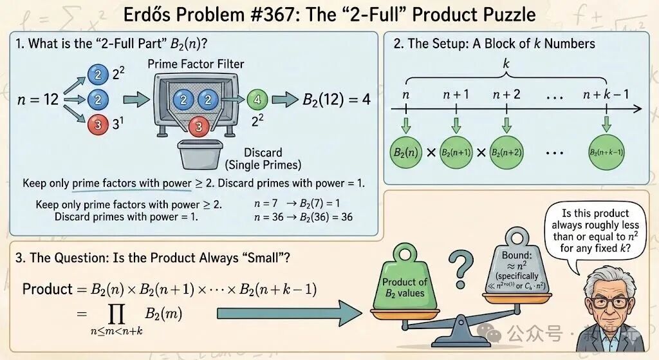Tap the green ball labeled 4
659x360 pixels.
pyautogui.click(x=256, y=100)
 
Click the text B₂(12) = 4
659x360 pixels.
pyautogui.click(x=337, y=100)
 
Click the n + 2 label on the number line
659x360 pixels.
pyautogui.click(x=506, y=94)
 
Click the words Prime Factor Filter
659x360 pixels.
pyautogui.click(x=196, y=64)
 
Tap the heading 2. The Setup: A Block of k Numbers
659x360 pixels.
pyautogui.click(x=494, y=44)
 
